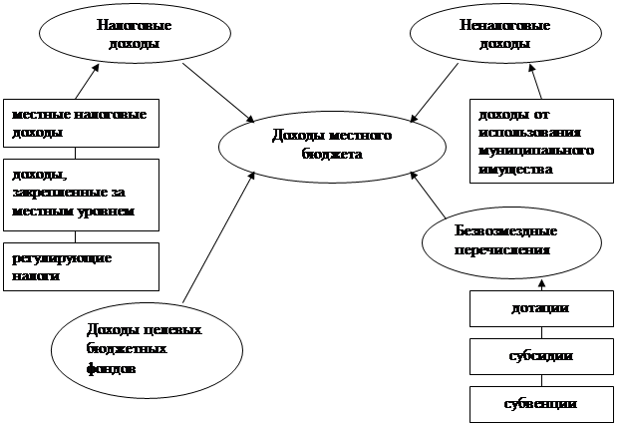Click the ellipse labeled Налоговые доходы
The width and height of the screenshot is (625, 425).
(x=129, y=37)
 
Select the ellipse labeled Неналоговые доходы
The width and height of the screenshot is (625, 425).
(x=496, y=37)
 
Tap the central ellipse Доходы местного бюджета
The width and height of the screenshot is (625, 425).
(x=318, y=146)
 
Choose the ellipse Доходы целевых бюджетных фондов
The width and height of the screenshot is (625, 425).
(x=147, y=350)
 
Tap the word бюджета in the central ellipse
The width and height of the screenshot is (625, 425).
(x=330, y=155)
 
